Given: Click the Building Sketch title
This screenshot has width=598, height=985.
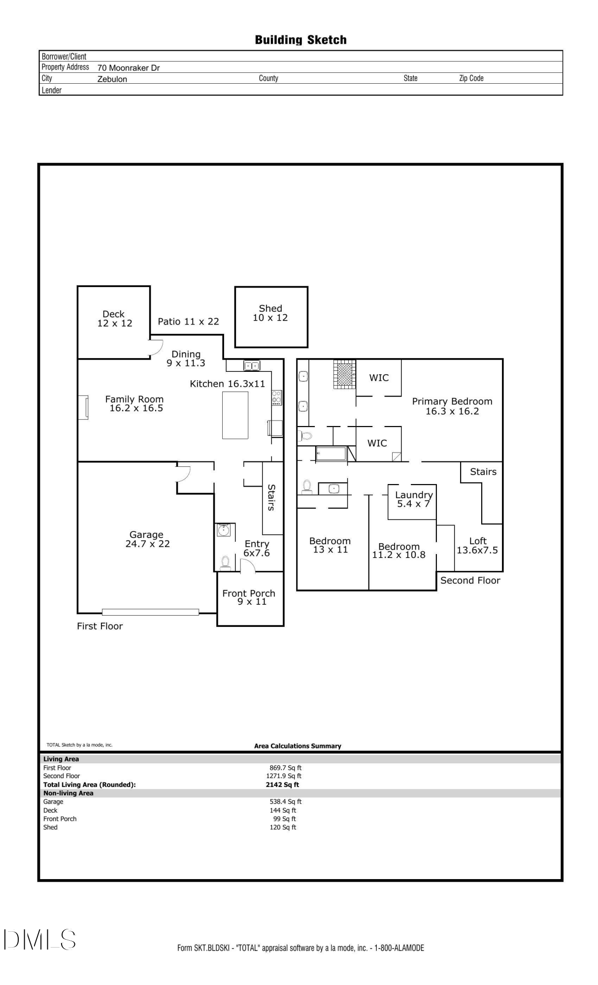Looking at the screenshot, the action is (300, 40).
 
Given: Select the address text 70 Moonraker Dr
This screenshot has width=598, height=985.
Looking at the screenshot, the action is (129, 68).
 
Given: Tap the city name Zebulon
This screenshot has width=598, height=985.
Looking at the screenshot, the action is (112, 79).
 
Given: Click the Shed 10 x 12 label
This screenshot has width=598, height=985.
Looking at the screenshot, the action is (270, 313).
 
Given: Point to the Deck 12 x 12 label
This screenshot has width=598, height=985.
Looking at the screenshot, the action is (114, 319).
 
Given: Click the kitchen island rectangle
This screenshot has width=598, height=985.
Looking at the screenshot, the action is (235, 415).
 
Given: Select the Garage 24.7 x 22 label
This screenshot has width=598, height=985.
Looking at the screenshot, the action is (147, 539).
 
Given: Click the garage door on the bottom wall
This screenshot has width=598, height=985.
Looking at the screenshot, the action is (151, 612).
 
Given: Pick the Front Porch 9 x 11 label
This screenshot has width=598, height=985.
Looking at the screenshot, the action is (249, 597).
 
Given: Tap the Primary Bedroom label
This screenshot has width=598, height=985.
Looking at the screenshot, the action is (452, 406).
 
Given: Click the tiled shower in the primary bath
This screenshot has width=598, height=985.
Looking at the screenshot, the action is (345, 375).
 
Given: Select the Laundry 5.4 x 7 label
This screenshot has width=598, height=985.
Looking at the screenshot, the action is (414, 499).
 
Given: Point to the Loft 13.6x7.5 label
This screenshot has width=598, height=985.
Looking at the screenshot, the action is (477, 546).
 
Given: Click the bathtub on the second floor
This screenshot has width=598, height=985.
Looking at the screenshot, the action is (331, 454).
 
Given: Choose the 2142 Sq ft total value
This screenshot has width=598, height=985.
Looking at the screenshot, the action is (282, 785).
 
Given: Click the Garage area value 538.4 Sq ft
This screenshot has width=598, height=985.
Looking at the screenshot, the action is (286, 802).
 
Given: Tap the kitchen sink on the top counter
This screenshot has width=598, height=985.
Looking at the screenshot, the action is (252, 366).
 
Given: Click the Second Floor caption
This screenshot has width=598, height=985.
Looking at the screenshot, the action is (470, 581).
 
